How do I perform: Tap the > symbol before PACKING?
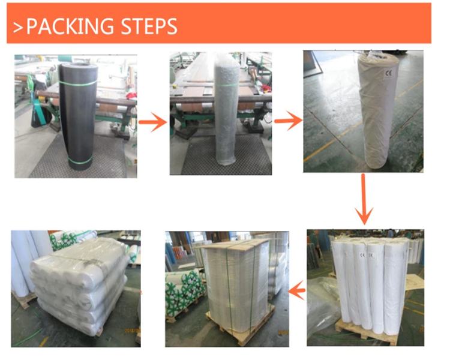[18, 27]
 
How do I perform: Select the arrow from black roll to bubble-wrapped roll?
[152, 124]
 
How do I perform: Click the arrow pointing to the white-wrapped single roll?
[288, 122]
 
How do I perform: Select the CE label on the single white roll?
[387, 74]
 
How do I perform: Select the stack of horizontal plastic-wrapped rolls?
[81, 285]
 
